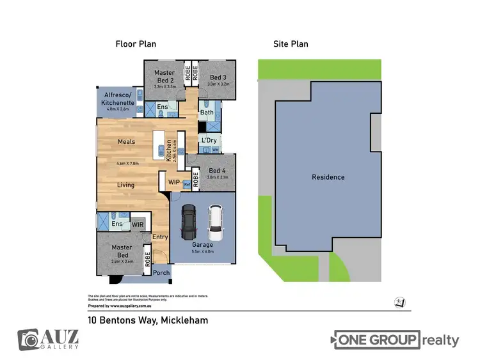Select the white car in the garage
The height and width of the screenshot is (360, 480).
click(216, 222)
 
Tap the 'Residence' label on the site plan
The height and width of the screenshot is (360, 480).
click(328, 177)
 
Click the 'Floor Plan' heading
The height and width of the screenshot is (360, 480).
click(136, 44)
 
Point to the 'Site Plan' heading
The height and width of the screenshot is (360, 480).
click(291, 44)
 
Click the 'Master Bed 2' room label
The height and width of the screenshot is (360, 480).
click(164, 77)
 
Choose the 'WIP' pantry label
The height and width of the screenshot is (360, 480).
click(173, 182)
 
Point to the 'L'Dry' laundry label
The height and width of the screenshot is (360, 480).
click(208, 140)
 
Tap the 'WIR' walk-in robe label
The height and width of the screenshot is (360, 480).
click(137, 224)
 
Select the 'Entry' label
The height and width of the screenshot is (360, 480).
click(160, 237)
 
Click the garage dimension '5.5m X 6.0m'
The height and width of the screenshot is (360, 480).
click(202, 251)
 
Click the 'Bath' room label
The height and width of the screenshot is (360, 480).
click(207, 113)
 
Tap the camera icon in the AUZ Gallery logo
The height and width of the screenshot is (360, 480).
click(28, 340)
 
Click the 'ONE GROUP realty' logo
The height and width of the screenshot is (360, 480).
click(396, 340)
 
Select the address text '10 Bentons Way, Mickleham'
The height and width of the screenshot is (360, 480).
click(147, 320)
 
